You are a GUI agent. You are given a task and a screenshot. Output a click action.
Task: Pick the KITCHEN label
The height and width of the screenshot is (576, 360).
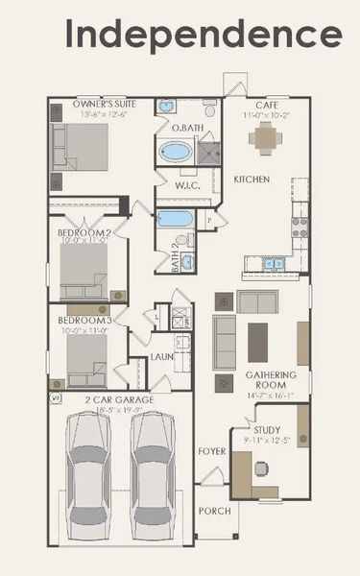point(252,180)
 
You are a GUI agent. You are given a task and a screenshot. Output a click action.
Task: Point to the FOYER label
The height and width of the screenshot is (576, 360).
point(212,449)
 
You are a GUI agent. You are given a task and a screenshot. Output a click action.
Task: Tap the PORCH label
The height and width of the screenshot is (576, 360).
point(214,511)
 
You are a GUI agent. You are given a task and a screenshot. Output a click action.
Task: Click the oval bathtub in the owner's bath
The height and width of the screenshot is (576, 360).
point(176,153)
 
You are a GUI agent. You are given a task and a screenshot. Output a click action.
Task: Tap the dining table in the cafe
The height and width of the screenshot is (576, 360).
point(265,137)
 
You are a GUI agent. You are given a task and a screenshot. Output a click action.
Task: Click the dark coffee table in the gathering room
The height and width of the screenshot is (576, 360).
point(258,341)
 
